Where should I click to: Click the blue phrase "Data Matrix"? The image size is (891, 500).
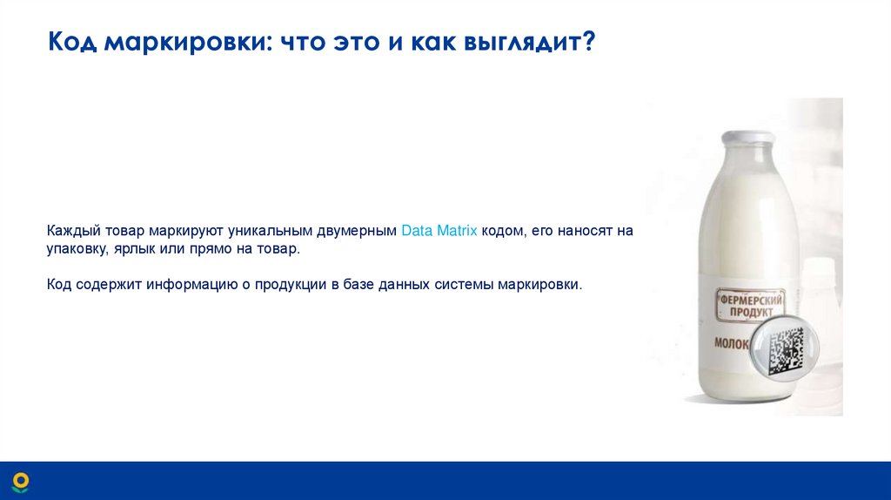[439, 232]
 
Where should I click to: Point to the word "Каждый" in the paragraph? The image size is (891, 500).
[73, 232]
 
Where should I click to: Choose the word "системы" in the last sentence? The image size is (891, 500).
[452, 285]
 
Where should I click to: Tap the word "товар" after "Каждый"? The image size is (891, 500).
[124, 232]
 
